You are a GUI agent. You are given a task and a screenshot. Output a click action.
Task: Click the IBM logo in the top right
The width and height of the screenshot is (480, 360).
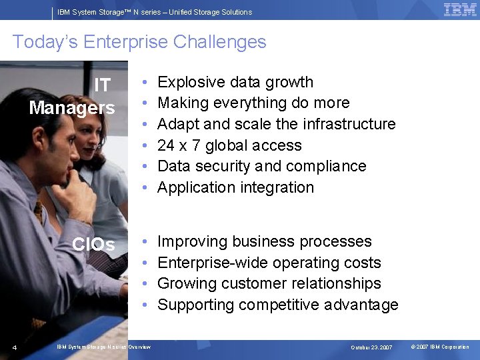click(x=460, y=10)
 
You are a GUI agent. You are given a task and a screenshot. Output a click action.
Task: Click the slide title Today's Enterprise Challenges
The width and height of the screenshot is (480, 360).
click(x=139, y=42)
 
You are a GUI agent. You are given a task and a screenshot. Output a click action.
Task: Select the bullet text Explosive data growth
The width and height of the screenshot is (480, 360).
click(x=235, y=82)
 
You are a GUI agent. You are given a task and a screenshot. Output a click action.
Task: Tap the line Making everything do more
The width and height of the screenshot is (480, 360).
click(x=253, y=103)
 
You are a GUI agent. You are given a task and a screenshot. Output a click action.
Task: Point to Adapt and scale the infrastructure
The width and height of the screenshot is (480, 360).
click(x=276, y=124)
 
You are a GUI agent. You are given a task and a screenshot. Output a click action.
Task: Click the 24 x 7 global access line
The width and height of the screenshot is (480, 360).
click(x=229, y=145)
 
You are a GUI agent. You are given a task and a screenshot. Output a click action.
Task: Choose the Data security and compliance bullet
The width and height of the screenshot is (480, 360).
click(x=261, y=166)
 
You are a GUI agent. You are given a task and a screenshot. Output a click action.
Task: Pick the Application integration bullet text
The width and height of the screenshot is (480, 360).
click(x=235, y=187)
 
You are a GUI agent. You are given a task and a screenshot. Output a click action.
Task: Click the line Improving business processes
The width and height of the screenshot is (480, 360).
click(x=264, y=241)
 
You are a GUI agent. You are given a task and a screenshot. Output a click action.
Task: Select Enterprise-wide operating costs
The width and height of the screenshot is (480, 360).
click(x=269, y=263)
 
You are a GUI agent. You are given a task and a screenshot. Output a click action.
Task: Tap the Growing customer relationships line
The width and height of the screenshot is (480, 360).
click(x=269, y=283)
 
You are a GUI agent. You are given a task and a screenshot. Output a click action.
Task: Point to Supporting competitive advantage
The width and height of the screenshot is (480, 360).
click(x=277, y=305)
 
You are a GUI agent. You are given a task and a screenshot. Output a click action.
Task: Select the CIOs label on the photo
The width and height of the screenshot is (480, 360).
click(x=93, y=245)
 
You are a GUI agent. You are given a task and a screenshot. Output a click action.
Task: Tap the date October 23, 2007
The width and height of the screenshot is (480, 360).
click(x=371, y=347)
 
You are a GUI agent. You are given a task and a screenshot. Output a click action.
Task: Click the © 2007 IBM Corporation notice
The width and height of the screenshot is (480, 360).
click(x=440, y=347)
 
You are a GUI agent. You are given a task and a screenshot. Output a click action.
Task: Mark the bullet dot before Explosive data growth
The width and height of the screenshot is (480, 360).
click(x=145, y=83)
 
